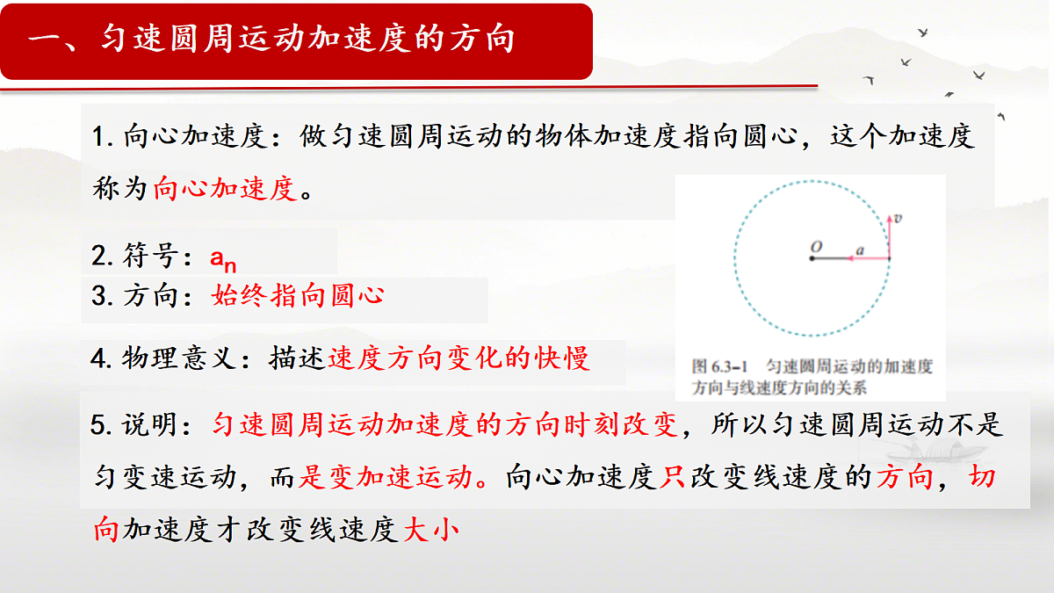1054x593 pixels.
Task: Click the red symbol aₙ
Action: click(223, 258)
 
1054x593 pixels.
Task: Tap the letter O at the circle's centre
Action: click(816, 249)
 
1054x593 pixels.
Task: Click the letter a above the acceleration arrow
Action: click(860, 250)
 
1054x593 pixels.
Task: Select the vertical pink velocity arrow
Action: click(889, 235)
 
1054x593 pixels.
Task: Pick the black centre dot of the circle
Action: click(813, 258)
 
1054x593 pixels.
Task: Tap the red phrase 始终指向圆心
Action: click(298, 295)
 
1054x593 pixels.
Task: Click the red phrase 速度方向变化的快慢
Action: click(458, 358)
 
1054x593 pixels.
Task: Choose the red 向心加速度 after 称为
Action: click(226, 188)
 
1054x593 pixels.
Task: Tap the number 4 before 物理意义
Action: click(97, 358)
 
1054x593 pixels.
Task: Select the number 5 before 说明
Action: click(97, 425)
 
